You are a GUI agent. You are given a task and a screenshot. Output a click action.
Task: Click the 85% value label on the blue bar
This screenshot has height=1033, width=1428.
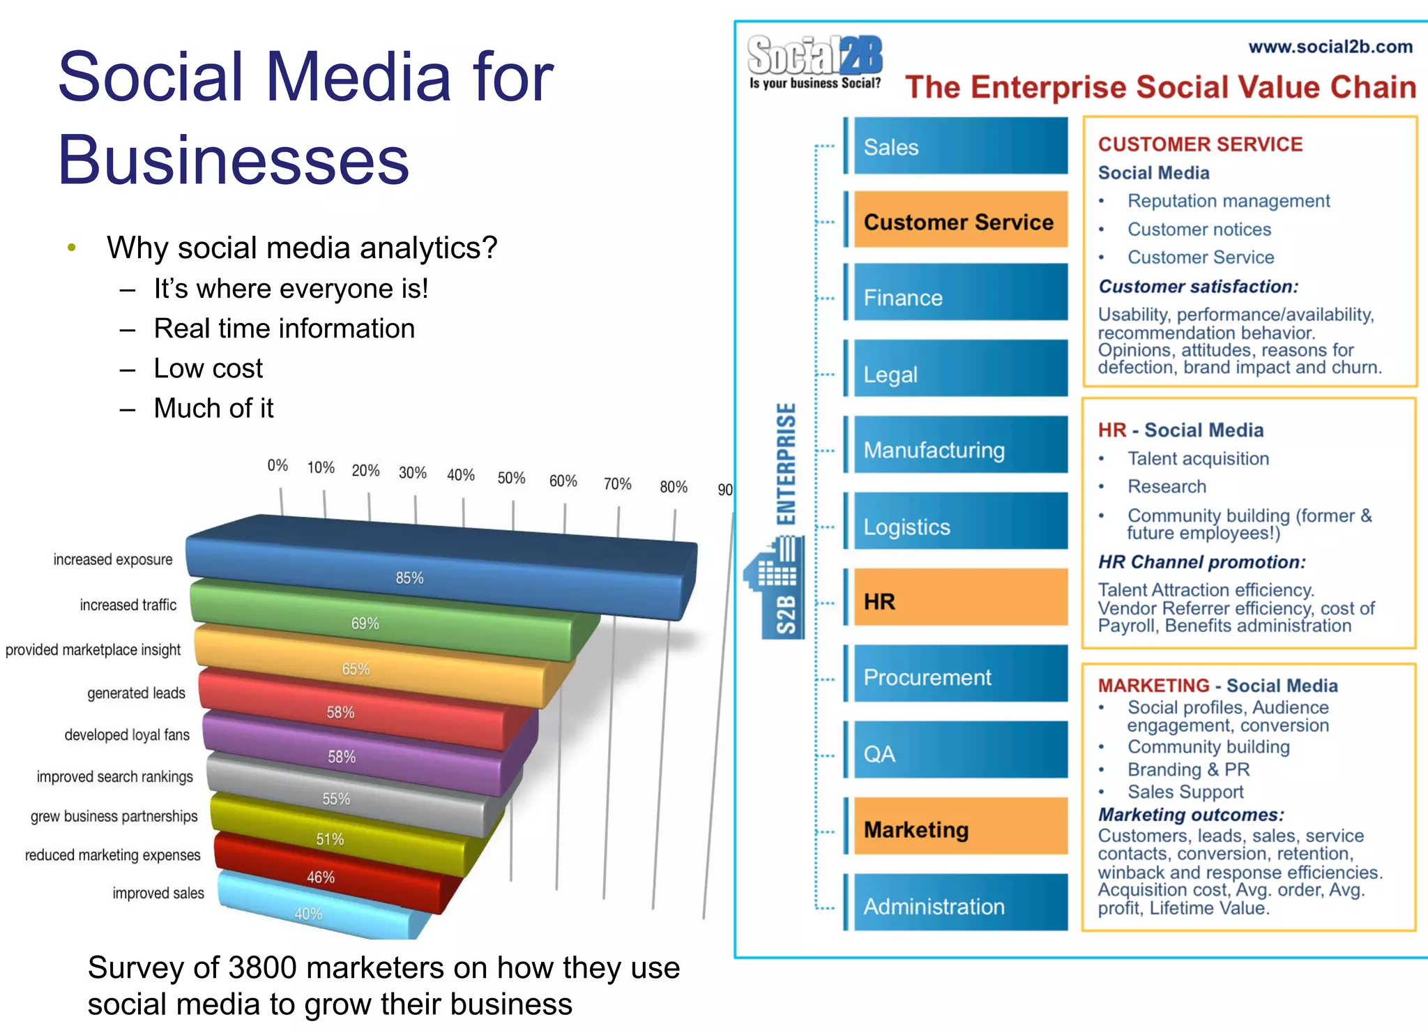point(409,578)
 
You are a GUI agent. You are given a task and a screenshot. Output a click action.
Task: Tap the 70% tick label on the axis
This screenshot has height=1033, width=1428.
point(617,484)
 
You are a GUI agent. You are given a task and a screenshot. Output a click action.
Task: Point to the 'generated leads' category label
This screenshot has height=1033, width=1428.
point(136,693)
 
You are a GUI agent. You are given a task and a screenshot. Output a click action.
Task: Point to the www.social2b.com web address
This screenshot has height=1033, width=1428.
point(1330,47)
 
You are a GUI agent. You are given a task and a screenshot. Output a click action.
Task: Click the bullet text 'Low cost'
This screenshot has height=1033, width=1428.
point(208,368)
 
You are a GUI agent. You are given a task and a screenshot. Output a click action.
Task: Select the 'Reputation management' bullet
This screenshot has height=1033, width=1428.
point(1228,201)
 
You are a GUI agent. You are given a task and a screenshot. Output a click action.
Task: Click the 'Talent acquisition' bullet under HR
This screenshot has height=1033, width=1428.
point(1198,459)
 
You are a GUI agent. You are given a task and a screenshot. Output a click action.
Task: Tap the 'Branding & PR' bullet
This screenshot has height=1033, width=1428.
point(1188,769)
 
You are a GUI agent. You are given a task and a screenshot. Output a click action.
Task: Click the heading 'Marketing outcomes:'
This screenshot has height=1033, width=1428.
point(1190,815)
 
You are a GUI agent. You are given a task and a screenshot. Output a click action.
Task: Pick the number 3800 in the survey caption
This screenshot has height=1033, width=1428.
point(262,968)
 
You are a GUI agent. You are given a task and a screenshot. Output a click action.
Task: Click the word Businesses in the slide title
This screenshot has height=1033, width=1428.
point(234,160)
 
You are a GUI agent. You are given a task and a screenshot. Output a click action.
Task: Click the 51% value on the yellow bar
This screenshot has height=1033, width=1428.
point(330,839)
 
